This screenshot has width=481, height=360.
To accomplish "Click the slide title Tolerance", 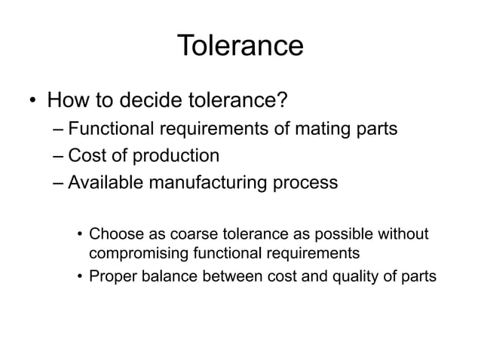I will (240, 46).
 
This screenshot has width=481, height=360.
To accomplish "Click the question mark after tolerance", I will (284, 100).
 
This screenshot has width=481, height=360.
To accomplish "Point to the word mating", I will (321, 130).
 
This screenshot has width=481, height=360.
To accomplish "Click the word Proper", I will (111, 276).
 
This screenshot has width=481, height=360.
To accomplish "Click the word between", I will (231, 276).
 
